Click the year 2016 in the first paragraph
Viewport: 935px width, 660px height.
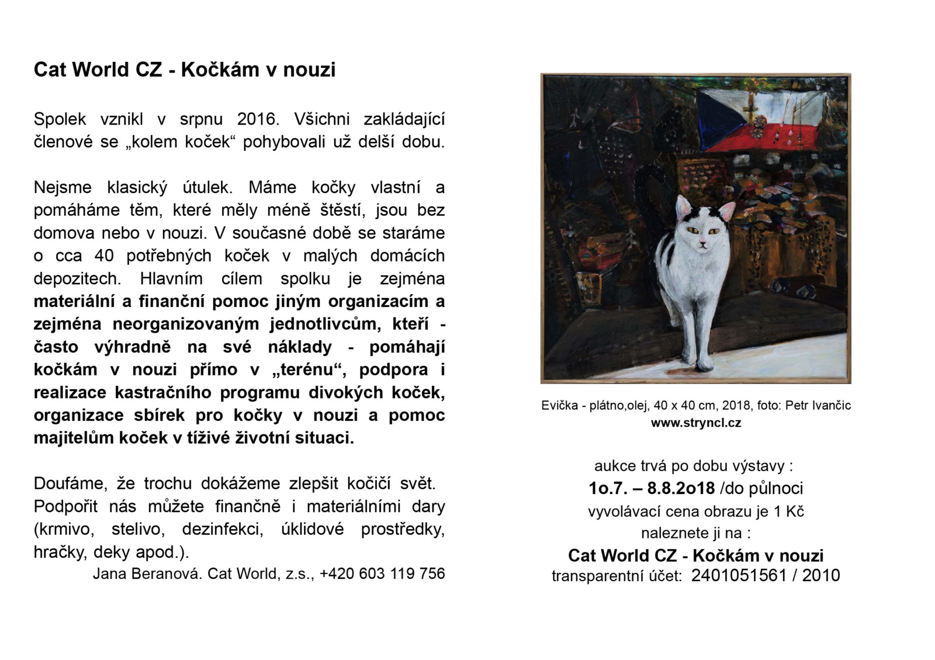(255, 119)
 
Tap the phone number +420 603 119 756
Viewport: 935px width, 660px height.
(382, 573)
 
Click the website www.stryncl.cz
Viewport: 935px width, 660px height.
(696, 423)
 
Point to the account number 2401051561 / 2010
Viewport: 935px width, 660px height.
(766, 576)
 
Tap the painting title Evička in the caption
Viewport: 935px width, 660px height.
(559, 405)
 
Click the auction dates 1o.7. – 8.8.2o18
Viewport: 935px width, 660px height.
(652, 488)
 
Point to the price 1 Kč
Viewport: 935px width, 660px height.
(789, 512)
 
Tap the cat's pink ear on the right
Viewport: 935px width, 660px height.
(727, 211)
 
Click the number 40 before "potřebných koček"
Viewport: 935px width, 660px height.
(104, 256)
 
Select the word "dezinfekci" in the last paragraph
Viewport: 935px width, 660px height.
(222, 530)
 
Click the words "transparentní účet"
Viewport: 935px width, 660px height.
(617, 576)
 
